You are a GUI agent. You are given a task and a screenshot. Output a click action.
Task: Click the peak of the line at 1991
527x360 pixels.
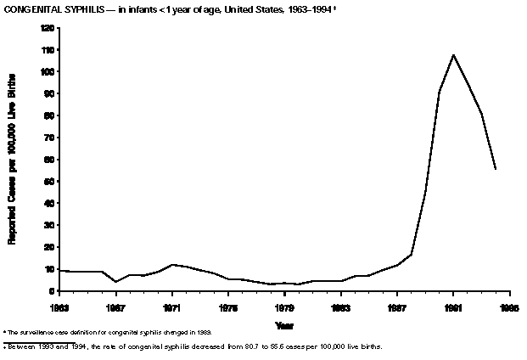(x=453, y=55)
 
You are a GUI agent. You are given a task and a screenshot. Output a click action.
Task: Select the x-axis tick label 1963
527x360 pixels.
(x=59, y=306)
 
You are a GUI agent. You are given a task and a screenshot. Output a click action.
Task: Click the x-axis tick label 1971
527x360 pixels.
(x=171, y=306)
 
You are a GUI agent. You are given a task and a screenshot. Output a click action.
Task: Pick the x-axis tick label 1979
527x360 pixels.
(x=284, y=306)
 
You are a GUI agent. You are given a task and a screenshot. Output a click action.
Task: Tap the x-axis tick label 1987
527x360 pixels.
(x=396, y=306)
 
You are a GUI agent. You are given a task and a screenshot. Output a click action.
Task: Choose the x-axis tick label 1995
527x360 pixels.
(x=508, y=306)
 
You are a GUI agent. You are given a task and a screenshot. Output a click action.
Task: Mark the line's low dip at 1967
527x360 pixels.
(x=115, y=281)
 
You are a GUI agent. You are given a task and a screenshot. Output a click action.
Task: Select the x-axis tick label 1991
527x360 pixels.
(x=453, y=306)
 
